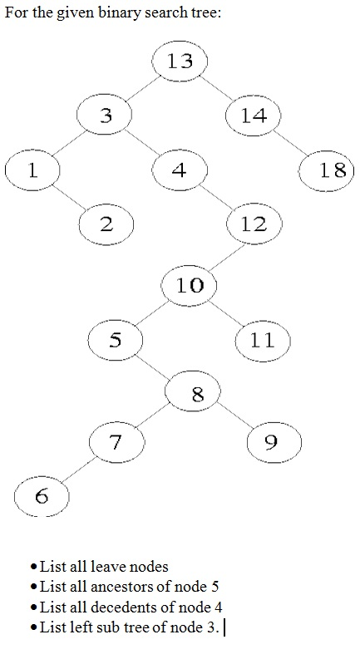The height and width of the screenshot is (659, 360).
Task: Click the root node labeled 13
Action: [x=180, y=61]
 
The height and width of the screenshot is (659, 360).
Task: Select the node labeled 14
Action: [x=253, y=116]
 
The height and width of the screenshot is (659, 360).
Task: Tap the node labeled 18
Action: [x=327, y=170]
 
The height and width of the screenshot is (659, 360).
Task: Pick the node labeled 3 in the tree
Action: [x=106, y=116]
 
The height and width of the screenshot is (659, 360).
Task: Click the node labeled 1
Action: [x=32, y=170]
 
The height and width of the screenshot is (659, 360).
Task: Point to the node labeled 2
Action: [x=106, y=224]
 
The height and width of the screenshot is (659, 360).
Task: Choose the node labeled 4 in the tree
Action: [x=180, y=170]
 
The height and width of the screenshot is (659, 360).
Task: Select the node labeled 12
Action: [x=254, y=224]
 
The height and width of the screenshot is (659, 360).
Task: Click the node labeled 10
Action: [x=190, y=285]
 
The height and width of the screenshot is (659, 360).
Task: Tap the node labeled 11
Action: [x=262, y=340]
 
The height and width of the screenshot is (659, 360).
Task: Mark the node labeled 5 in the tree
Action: [x=116, y=339]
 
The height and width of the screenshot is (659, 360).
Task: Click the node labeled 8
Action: [x=197, y=394]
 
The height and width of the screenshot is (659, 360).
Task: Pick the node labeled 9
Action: [x=274, y=441]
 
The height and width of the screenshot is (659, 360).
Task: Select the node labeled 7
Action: [x=116, y=441]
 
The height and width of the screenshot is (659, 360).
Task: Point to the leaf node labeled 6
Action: [x=42, y=497]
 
